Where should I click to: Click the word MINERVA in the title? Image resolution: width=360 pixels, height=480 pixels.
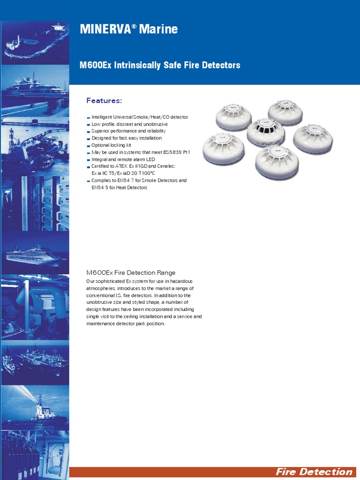coord(105,30)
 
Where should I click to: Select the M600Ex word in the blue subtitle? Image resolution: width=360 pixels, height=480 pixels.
coord(96,65)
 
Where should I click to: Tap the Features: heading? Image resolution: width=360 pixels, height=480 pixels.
coord(104,101)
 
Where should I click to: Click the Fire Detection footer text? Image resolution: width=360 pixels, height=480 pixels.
coord(314,472)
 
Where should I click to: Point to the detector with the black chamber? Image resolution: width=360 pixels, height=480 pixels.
coord(265,133)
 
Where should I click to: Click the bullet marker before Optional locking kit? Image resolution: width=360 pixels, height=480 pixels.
coord(88,146)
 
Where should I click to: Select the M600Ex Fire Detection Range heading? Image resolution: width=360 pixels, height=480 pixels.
coord(131,272)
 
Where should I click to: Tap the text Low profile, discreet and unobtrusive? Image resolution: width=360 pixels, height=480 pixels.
coord(129,124)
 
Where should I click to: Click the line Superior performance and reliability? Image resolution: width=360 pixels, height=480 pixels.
coord(128,131)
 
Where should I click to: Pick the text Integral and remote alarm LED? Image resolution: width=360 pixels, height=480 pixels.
coord(123,159)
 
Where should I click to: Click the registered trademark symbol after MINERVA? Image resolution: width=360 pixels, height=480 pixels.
coord(134,26)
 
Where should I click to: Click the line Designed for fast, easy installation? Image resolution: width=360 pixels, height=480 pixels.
coord(127,138)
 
